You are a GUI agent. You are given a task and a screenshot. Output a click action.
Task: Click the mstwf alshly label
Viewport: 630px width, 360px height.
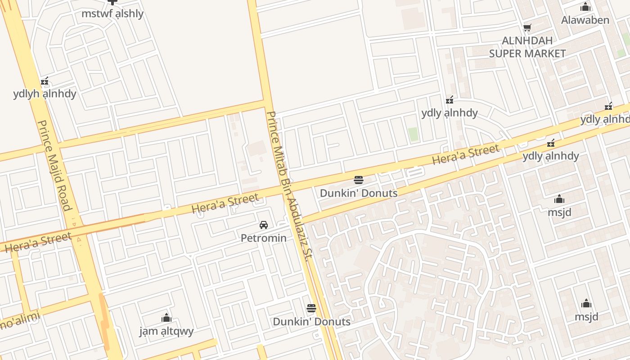point(112,13)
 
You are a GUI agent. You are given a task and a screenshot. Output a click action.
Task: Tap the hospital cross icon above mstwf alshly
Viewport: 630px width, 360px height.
point(112,2)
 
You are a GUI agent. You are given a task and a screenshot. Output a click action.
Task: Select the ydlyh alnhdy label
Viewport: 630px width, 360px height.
point(45,94)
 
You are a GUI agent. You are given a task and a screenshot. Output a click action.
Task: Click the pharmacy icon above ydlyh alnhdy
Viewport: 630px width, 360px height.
point(45,81)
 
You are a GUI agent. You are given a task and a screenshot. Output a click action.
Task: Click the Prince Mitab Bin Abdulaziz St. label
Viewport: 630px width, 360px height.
point(289,186)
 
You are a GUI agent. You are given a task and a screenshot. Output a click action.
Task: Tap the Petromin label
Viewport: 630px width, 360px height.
point(264,238)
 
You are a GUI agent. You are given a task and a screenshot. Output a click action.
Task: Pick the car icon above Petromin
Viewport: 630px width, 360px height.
point(264,225)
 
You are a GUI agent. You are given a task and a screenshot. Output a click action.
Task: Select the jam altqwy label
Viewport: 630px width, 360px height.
point(166,331)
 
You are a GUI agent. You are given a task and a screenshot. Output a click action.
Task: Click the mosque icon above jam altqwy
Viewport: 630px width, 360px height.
point(166,318)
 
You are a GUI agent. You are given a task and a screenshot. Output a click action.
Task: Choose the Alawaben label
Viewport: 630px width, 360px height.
point(585,20)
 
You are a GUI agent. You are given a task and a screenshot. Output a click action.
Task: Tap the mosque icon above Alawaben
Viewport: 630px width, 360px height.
point(585,7)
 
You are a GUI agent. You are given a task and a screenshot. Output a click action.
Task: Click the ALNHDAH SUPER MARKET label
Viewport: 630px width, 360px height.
point(527,47)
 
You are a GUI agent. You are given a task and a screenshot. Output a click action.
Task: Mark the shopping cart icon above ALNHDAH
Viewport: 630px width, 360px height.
point(527,28)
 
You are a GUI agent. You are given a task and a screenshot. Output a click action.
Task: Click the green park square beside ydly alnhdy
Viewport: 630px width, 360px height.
point(413,134)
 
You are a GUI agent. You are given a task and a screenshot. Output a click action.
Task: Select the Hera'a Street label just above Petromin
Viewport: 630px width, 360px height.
point(225,203)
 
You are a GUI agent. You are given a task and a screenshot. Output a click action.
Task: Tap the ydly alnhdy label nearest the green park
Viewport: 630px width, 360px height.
point(449,113)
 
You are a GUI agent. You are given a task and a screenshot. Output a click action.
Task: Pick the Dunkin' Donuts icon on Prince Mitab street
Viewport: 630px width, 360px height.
point(311,309)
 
